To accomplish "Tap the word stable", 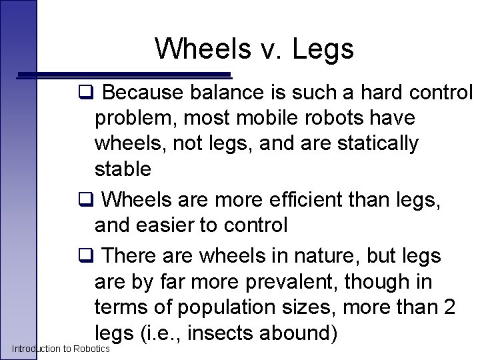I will click(123, 169).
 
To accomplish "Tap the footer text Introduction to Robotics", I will click(61, 349).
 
